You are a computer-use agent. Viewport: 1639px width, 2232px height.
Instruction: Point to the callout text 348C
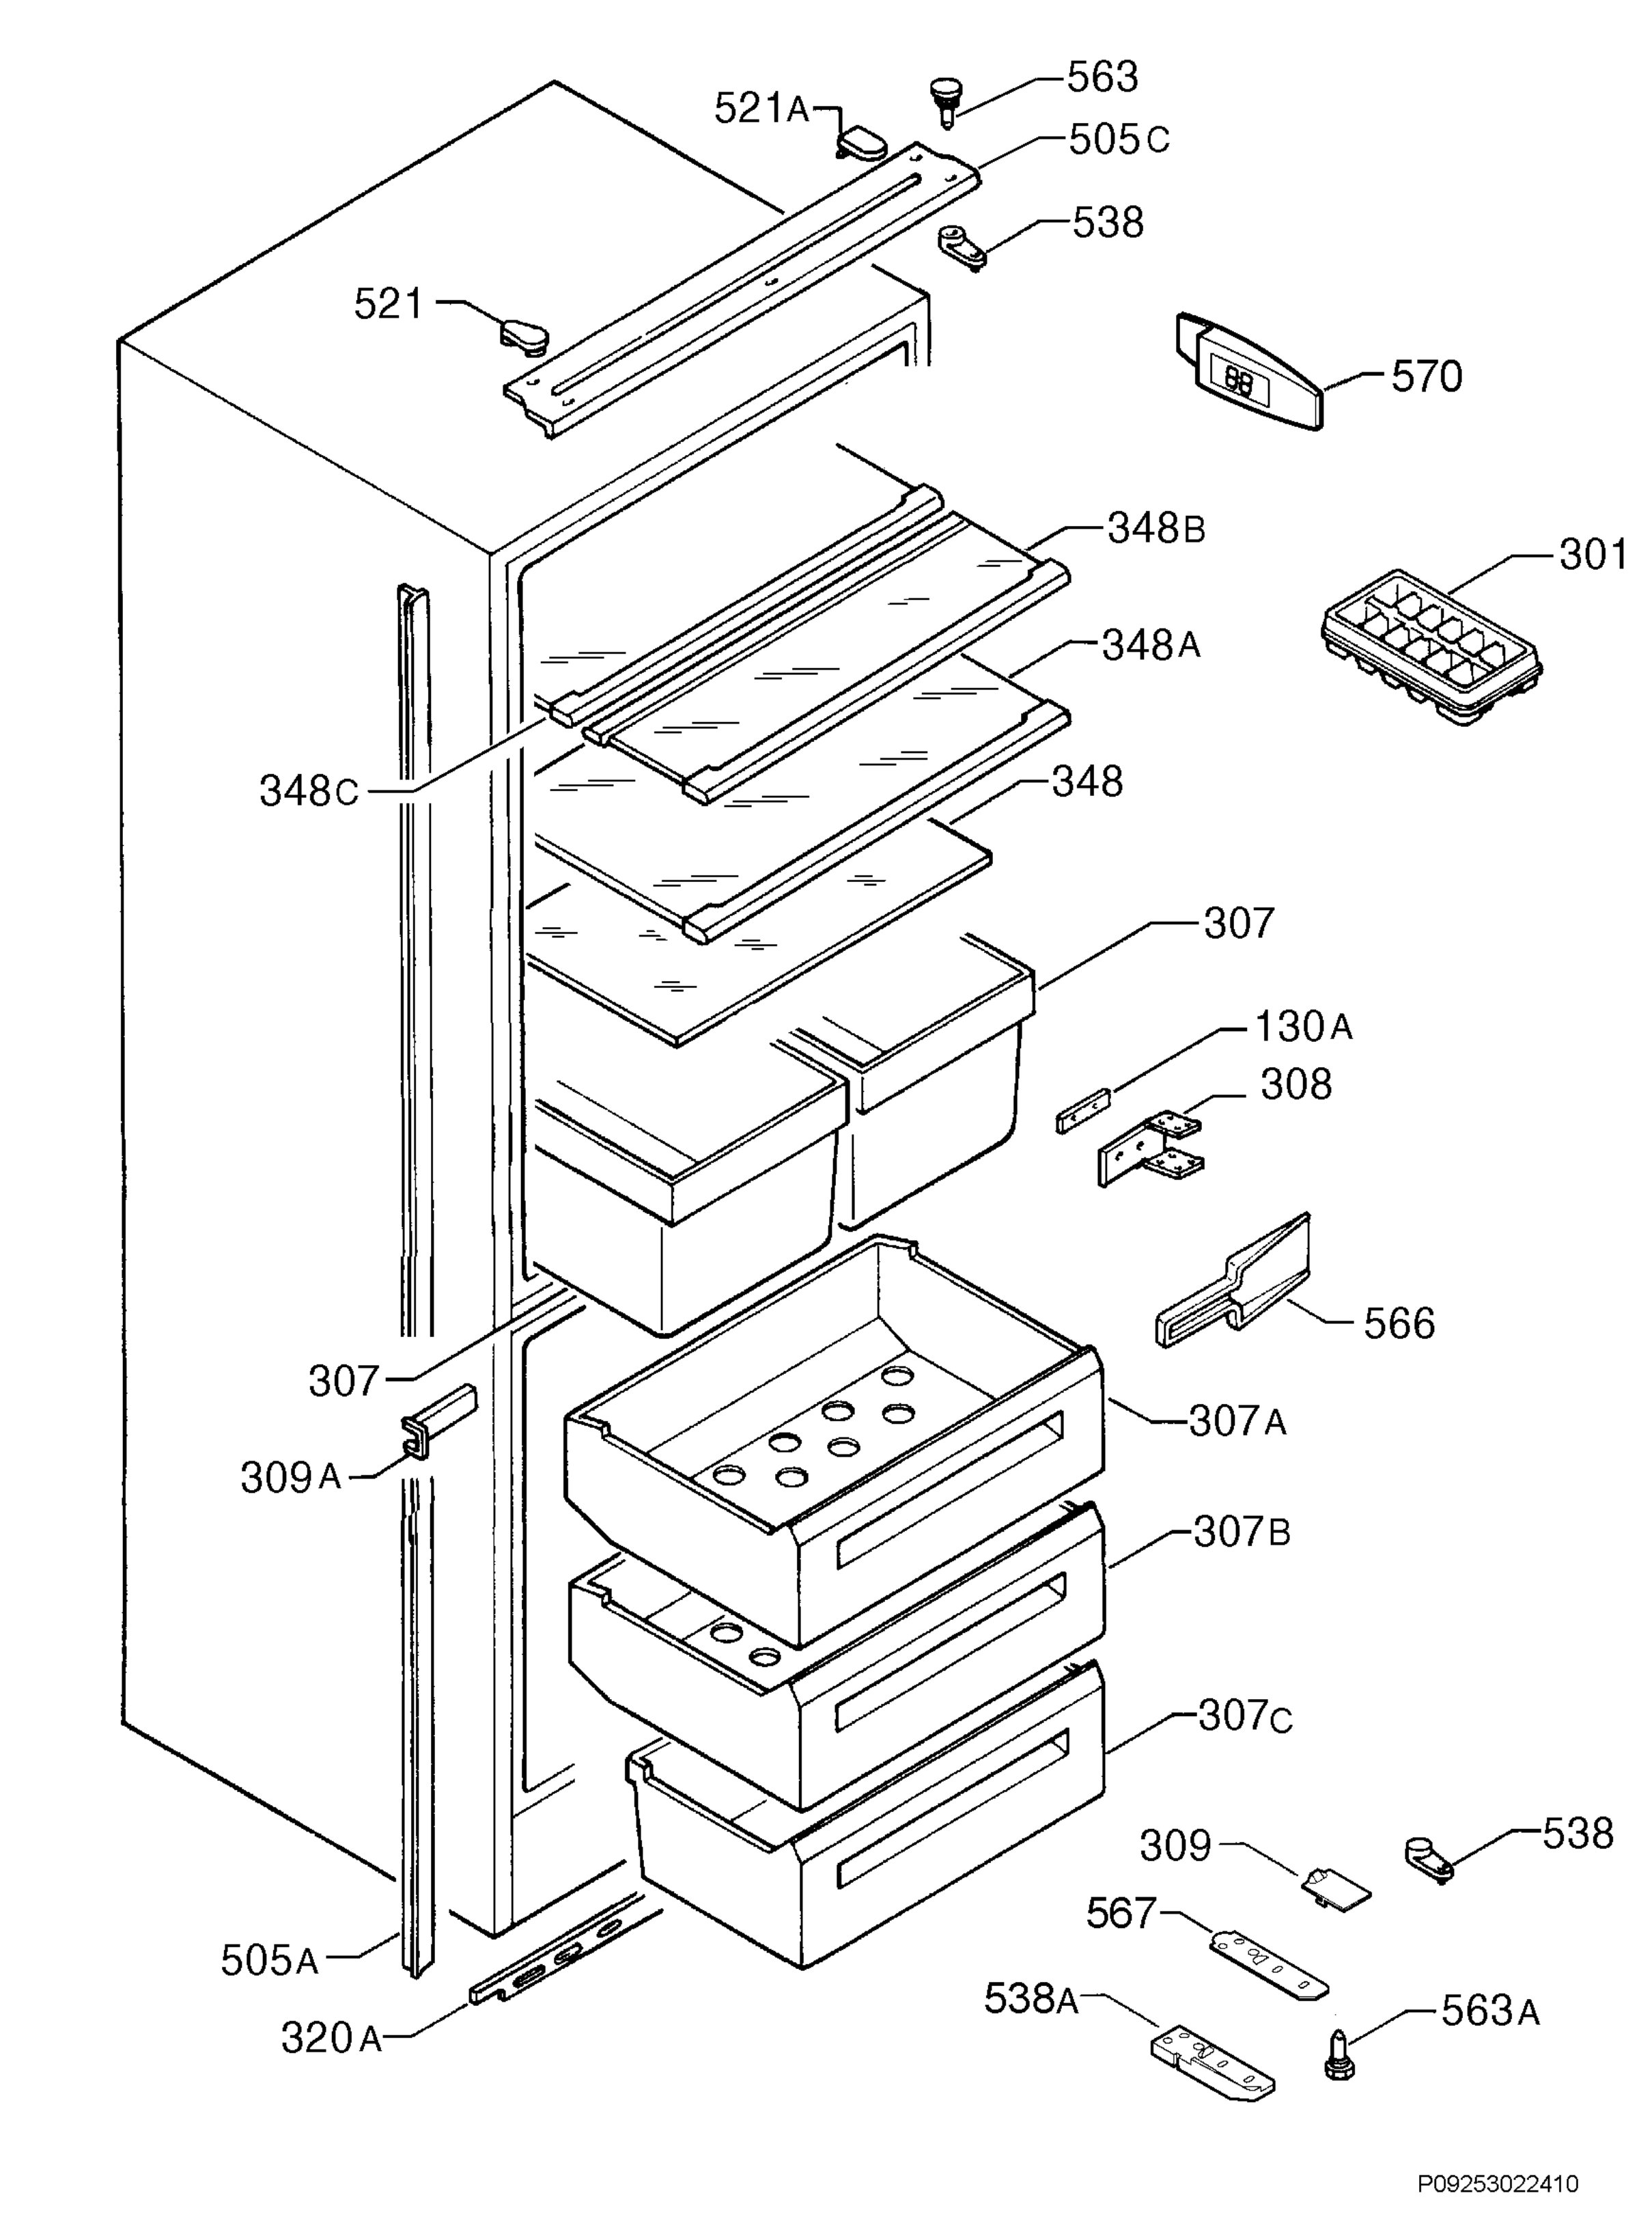tap(309, 791)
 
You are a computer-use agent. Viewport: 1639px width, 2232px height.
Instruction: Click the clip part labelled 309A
tap(438, 1421)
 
